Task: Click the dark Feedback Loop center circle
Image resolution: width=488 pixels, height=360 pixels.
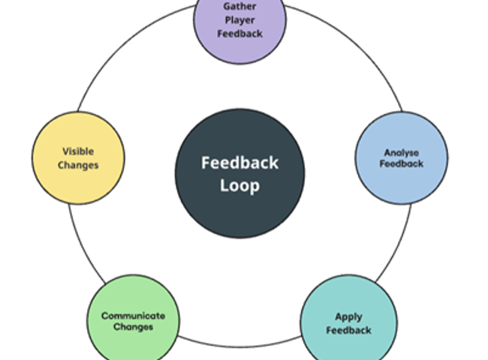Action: tap(240, 172)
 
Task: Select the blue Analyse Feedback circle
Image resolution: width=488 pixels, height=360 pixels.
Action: tap(402, 158)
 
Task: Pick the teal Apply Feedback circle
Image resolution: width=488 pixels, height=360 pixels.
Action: tap(349, 322)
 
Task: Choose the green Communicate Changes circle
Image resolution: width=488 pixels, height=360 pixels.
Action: tap(133, 321)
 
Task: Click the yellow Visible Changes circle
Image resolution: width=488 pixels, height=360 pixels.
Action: tap(79, 157)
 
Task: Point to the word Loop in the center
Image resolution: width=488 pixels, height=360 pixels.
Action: tap(240, 185)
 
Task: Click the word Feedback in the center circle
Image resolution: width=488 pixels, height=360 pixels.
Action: tap(240, 163)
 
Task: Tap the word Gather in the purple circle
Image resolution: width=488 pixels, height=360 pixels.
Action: tap(240, 7)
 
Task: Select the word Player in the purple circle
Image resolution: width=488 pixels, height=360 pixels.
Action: tap(240, 20)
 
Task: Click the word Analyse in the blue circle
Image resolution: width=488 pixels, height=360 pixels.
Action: tap(402, 153)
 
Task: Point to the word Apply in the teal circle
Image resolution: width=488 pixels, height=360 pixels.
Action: tap(349, 316)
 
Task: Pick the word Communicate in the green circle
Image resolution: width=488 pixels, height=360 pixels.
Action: tap(133, 316)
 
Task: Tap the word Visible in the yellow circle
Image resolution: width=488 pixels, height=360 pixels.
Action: tap(79, 151)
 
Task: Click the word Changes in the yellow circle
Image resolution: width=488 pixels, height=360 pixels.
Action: tap(79, 165)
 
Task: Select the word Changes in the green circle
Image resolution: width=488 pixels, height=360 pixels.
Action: tap(133, 327)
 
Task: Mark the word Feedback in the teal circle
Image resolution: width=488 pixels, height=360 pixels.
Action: tap(349, 330)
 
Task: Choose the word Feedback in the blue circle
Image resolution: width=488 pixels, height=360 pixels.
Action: tap(402, 164)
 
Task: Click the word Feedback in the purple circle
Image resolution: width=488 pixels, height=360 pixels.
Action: tap(240, 34)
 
